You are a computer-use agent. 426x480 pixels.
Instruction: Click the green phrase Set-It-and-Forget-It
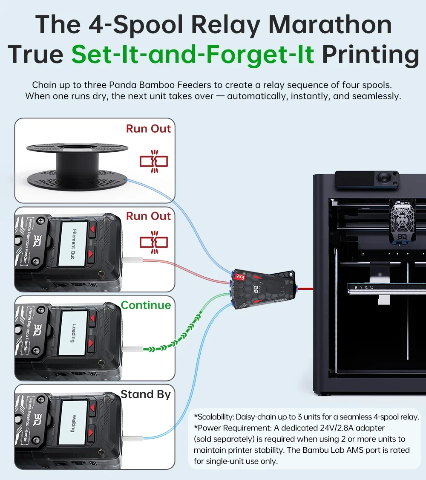193,54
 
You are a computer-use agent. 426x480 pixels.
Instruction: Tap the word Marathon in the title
330,25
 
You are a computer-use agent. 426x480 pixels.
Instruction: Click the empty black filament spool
77,166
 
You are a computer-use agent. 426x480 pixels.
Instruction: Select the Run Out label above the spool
148,129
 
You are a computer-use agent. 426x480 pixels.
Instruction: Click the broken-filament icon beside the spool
154,161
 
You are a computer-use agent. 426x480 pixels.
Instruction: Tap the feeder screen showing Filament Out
74,244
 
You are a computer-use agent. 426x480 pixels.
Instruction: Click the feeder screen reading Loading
74,333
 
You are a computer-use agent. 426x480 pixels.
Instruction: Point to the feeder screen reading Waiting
74,423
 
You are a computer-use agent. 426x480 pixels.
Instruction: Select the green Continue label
146,305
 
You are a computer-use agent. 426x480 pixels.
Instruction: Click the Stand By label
146,394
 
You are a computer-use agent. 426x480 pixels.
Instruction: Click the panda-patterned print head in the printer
402,222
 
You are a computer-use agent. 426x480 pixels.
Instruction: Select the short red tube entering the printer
305,288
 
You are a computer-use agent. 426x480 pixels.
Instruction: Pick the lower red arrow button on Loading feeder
91,343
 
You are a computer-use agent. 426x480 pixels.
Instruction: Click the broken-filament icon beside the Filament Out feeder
154,242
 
